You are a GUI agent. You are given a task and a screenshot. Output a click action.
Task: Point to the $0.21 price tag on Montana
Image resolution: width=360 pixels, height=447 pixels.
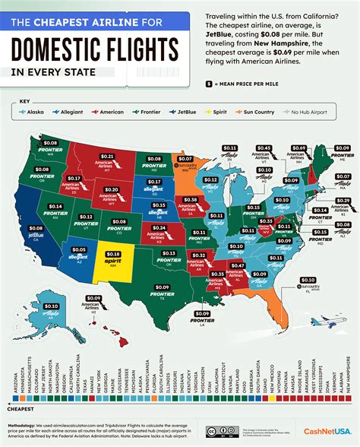click(x=108, y=157)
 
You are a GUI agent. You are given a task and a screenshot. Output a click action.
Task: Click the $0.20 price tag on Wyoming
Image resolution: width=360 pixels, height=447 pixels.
click(x=112, y=189)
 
